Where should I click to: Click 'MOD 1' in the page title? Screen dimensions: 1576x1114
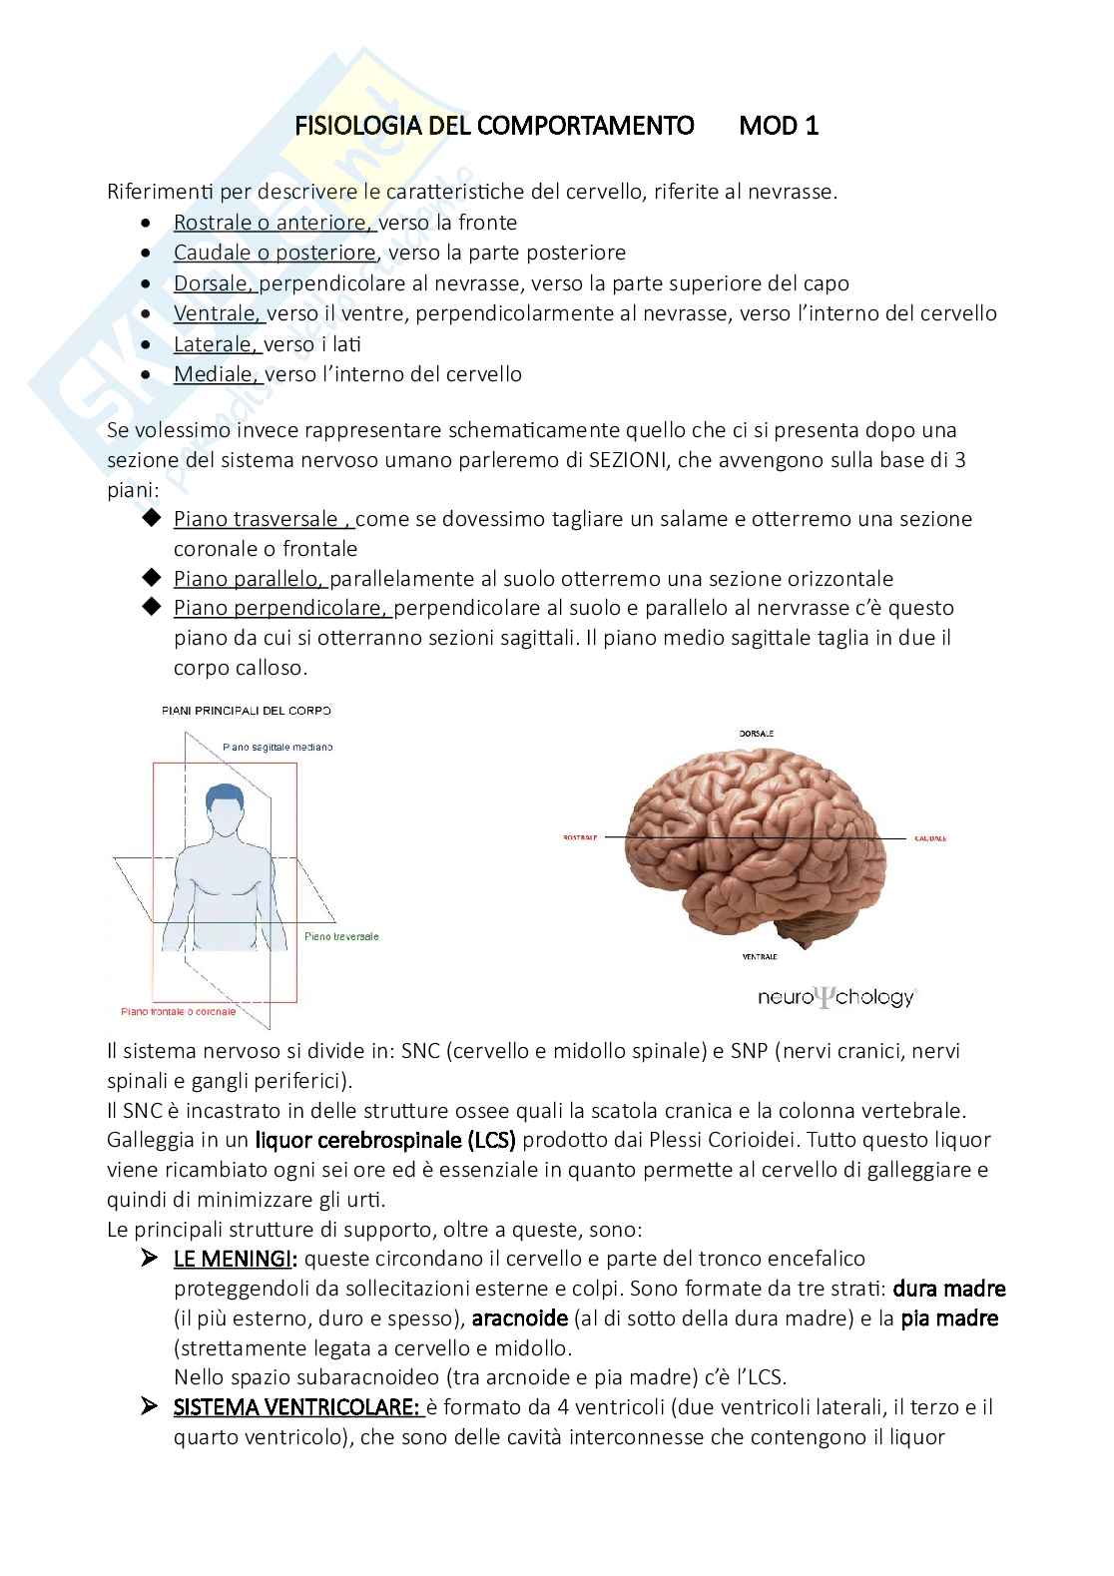(779, 126)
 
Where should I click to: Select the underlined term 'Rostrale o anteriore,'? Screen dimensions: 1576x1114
(274, 223)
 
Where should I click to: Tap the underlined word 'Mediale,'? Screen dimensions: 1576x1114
(218, 374)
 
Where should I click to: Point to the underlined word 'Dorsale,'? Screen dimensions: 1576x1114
(216, 283)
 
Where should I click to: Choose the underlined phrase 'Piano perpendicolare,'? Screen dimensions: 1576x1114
(282, 608)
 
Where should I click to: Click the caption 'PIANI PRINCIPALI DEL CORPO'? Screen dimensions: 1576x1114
(246, 711)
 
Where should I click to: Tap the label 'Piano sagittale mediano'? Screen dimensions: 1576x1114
(278, 747)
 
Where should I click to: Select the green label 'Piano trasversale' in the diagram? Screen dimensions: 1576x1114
(341, 936)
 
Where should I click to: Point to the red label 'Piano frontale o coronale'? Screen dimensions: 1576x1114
(179, 1011)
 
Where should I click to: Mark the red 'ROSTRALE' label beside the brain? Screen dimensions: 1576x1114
(580, 837)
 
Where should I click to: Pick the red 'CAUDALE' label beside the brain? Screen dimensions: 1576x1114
(930, 838)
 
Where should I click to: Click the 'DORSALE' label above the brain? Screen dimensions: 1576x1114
(756, 734)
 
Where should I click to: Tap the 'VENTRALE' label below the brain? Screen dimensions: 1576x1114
(759, 956)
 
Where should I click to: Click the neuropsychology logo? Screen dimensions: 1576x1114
(835, 996)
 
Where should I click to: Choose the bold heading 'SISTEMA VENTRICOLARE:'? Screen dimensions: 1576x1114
(296, 1407)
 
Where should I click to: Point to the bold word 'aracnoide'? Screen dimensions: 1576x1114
(519, 1318)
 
